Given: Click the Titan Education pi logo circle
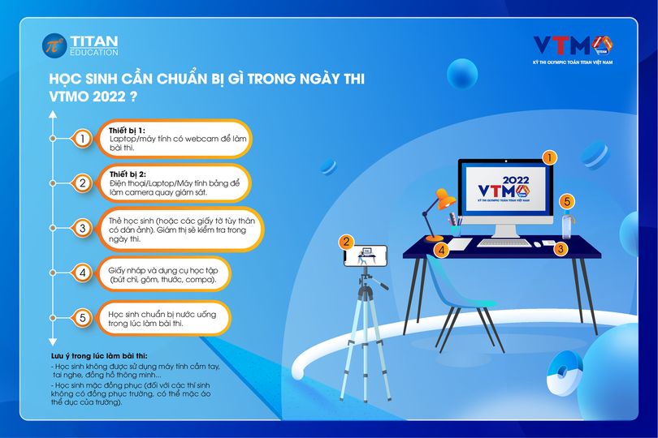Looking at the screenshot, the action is (54, 45).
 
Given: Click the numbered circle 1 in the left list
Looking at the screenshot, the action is (82, 139).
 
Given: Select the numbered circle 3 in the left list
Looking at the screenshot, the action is (82, 228).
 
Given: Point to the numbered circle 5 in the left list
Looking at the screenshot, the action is (82, 318).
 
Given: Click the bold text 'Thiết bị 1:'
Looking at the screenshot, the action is (127, 131).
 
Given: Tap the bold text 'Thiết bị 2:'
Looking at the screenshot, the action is (128, 174).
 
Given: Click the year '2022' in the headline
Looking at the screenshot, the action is (108, 97).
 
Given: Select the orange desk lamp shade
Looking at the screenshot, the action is (446, 200).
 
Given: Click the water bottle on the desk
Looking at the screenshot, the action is (567, 225).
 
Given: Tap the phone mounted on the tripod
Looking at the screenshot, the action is (366, 256).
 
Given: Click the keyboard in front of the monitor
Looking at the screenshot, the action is (504, 243).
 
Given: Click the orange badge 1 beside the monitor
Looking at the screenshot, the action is (549, 158).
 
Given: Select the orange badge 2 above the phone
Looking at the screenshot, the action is (346, 242).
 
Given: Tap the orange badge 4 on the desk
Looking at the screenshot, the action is (441, 250).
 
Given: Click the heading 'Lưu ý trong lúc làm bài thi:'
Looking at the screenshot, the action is (99, 356).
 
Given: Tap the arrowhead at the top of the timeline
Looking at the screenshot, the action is (53, 114).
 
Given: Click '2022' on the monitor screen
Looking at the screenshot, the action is (516, 180).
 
